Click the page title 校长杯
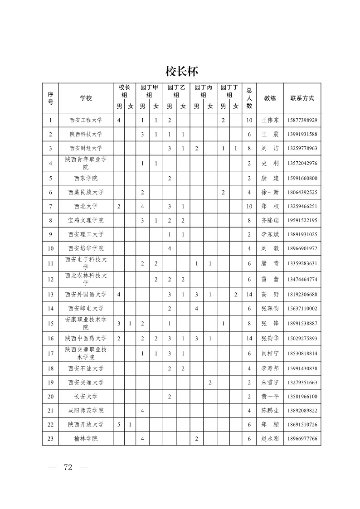pyautogui.click(x=180, y=72)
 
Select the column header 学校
pyautogui.click(x=86, y=98)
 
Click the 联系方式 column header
pyautogui.click(x=302, y=98)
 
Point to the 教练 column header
pyautogui.click(x=270, y=98)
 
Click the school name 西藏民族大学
pyautogui.click(x=86, y=192)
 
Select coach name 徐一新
pyautogui.click(x=270, y=192)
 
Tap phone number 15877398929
pyautogui.click(x=302, y=121)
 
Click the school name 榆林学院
pyautogui.click(x=86, y=439)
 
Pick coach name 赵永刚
pyautogui.click(x=270, y=439)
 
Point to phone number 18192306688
pyautogui.click(x=302, y=295)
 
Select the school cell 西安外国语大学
pyautogui.click(x=86, y=295)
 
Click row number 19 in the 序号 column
pyautogui.click(x=50, y=383)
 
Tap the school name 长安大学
pyautogui.click(x=86, y=397)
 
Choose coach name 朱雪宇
pyautogui.click(x=270, y=383)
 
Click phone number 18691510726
pyautogui.click(x=302, y=425)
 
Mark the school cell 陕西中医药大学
pyautogui.click(x=86, y=339)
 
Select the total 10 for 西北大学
pyautogui.click(x=249, y=206)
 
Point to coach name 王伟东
pyautogui.click(x=270, y=121)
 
